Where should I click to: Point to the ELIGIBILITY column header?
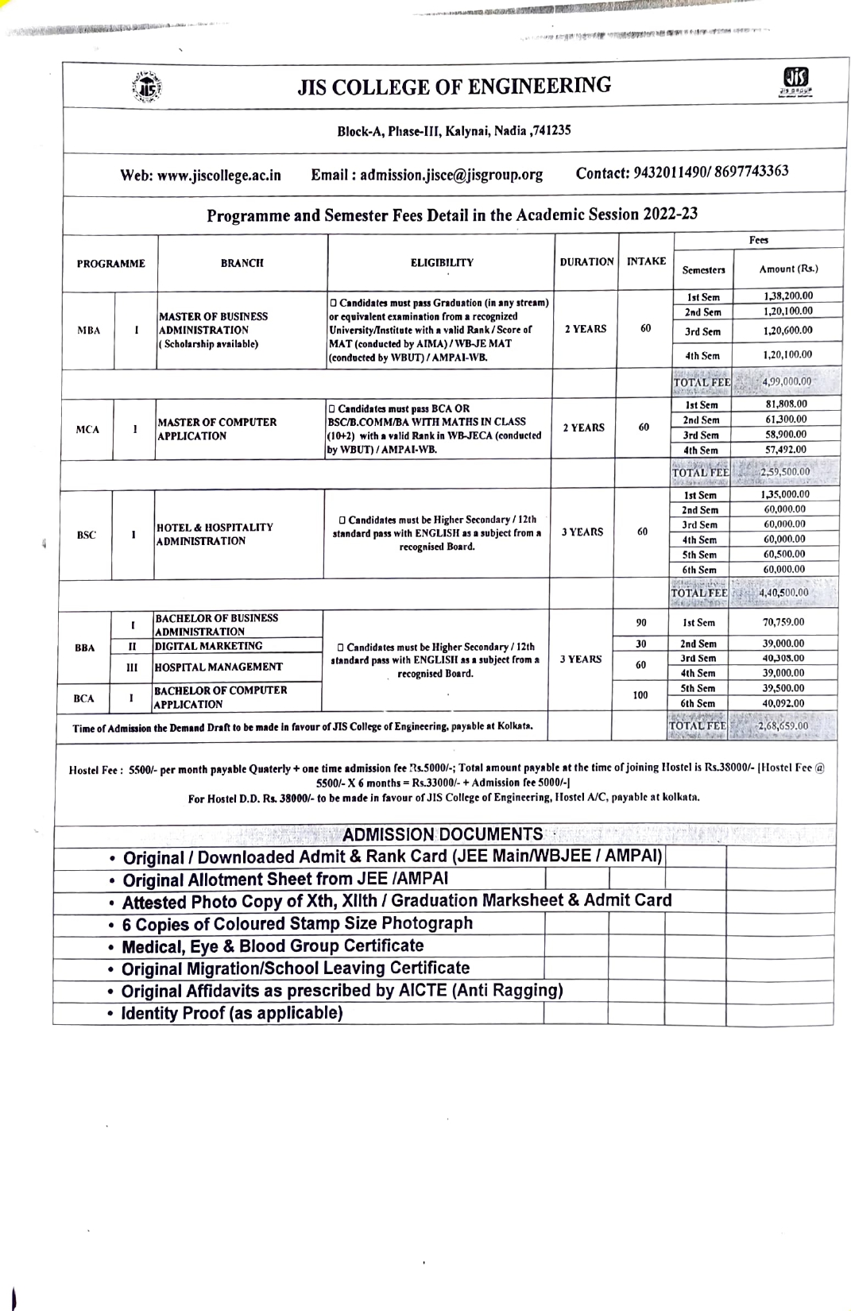[x=442, y=262]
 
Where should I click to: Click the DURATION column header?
[x=586, y=261]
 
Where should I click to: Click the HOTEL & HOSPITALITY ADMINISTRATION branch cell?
[x=215, y=534]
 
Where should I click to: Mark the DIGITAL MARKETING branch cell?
[x=208, y=646]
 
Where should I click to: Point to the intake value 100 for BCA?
[x=640, y=695]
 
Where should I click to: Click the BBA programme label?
[x=85, y=648]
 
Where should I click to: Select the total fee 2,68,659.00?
[x=782, y=725]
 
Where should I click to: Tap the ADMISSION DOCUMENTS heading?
[x=443, y=834]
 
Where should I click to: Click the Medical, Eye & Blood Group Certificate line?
[x=273, y=946]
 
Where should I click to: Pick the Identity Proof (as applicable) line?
[x=232, y=1013]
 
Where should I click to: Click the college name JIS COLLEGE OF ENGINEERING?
[x=455, y=87]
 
